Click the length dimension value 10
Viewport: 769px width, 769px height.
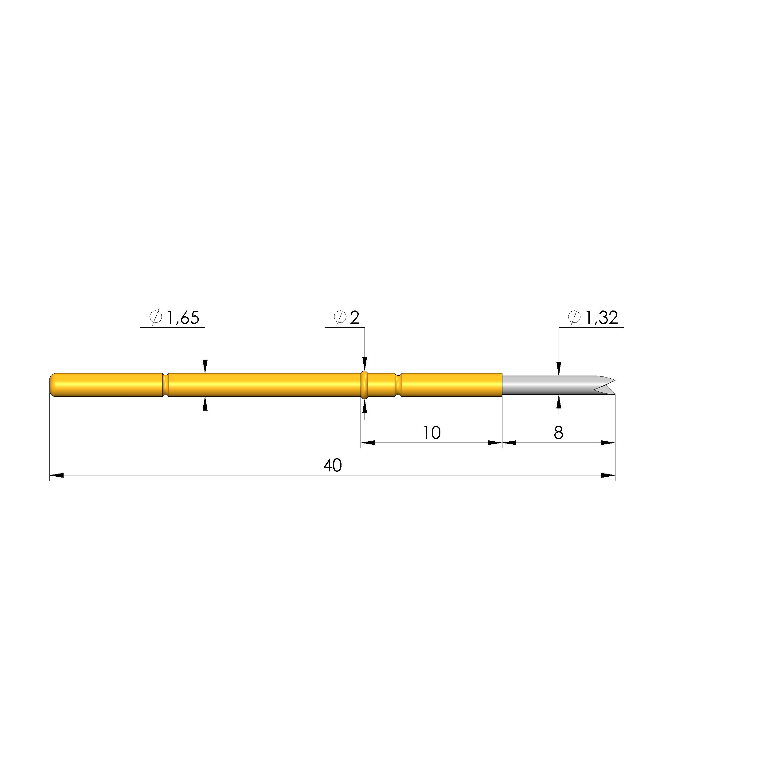click(x=431, y=433)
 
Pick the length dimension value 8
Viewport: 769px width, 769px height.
click(x=558, y=433)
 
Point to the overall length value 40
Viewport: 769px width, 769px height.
click(x=332, y=465)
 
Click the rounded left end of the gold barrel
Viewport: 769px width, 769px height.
click(x=53, y=385)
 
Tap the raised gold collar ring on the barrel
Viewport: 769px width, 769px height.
click(x=364, y=385)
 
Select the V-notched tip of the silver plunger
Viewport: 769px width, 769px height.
click(x=605, y=385)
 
